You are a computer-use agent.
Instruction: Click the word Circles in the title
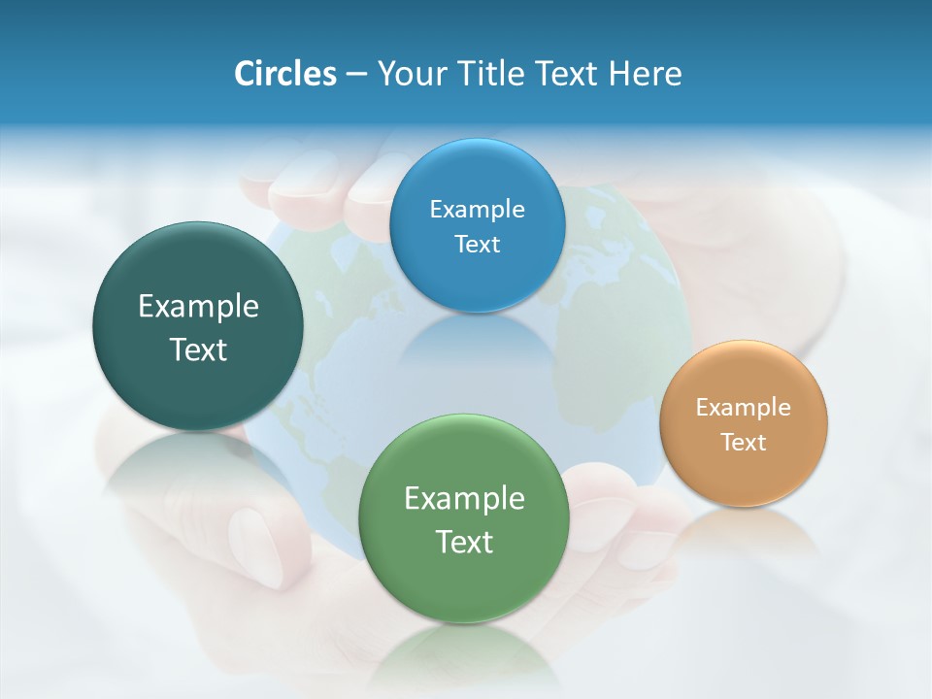[284, 74]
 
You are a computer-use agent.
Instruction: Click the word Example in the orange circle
[744, 408]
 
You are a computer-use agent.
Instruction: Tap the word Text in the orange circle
[744, 443]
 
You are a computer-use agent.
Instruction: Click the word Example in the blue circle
[477, 210]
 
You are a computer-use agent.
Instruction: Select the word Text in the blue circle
[477, 245]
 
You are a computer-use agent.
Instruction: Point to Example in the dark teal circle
[198, 307]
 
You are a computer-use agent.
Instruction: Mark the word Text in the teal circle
[198, 349]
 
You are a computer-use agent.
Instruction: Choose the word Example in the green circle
[464, 499]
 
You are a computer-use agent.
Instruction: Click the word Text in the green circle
[464, 542]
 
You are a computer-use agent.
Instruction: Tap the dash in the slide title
[356, 74]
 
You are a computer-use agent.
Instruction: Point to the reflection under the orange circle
[744, 534]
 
